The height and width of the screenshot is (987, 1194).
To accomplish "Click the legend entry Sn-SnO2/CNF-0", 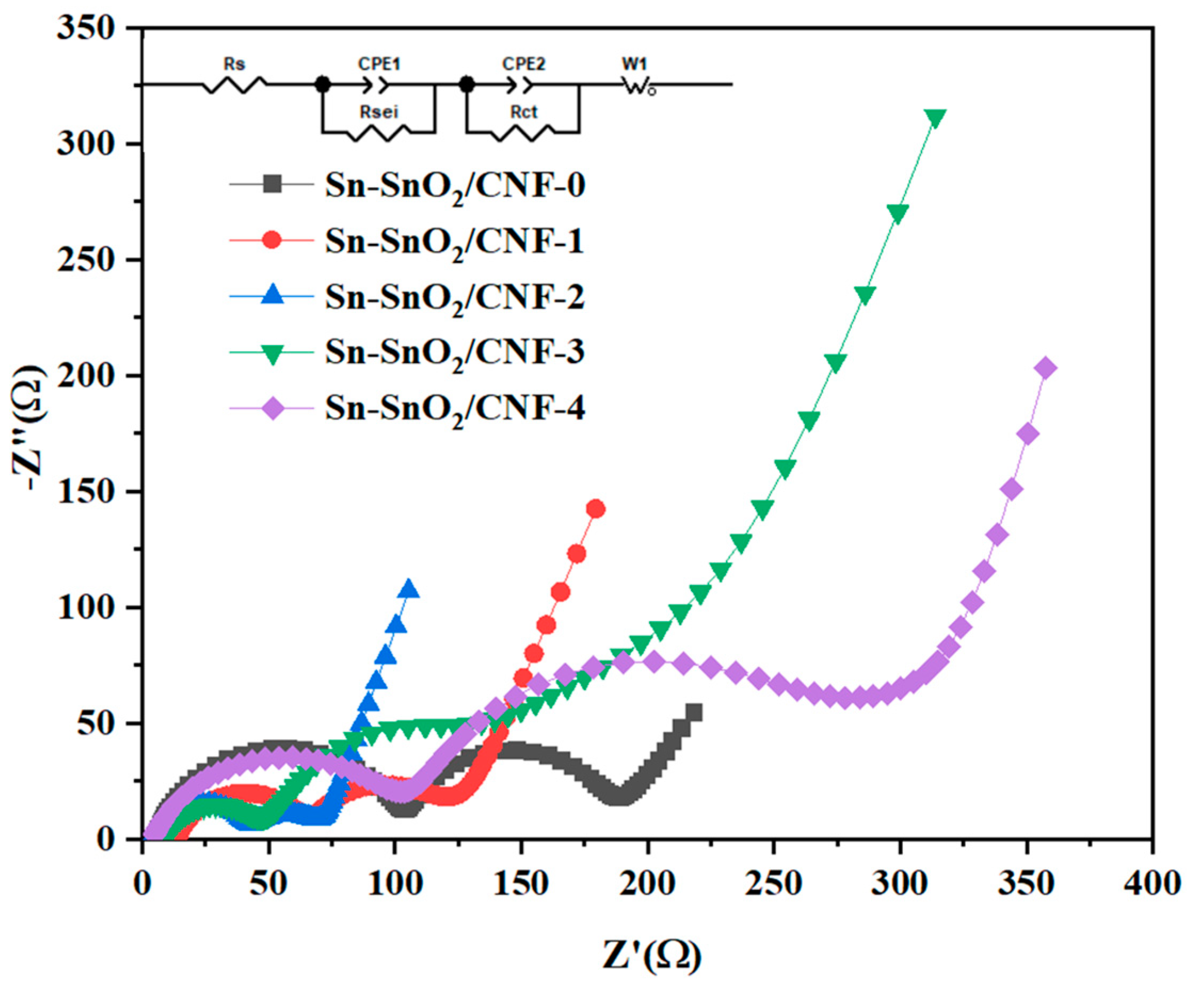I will [455, 185].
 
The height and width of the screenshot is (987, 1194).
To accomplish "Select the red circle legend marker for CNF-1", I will [272, 239].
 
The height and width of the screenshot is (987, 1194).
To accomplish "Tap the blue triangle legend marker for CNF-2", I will [272, 295].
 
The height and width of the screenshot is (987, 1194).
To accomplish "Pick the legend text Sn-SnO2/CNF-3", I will [455, 352].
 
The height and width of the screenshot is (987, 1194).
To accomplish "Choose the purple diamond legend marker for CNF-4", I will [273, 408].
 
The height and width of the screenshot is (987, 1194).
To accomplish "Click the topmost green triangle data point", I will [935, 118].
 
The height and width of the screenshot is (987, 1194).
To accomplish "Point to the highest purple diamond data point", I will [1046, 368].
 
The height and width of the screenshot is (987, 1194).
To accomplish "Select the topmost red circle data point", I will [595, 509].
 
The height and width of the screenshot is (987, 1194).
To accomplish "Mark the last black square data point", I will [693, 713].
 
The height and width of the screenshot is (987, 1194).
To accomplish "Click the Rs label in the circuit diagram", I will [233, 64].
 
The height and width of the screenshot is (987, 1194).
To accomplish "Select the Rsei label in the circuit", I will [378, 112].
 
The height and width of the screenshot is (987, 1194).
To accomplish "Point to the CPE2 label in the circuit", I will [523, 63].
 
